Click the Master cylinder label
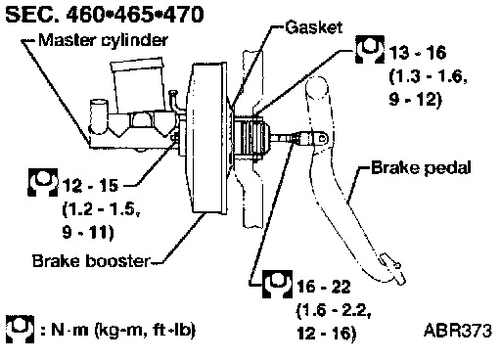point(103,40)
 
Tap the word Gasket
point(314,27)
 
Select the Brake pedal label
point(421,168)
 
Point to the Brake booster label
point(91,261)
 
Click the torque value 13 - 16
point(418,53)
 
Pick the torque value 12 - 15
point(90,186)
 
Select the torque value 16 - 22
point(324,287)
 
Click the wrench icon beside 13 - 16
point(370,49)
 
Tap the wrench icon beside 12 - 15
point(43,182)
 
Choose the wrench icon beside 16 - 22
point(277,284)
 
